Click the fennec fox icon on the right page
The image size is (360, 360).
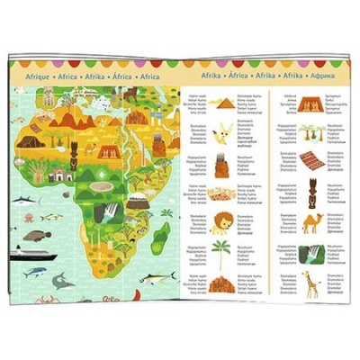pyautogui.click(x=221, y=133)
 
